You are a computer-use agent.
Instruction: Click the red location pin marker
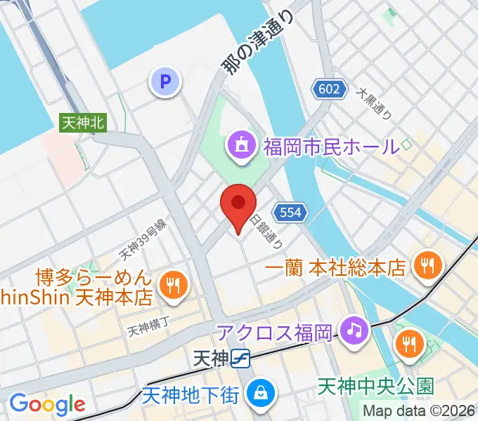coord(238,206)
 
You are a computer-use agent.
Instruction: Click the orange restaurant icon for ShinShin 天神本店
coord(171,284)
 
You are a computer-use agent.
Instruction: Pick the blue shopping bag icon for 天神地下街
coord(260,392)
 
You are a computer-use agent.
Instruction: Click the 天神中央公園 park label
coord(376,385)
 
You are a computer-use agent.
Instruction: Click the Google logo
coord(47,403)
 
